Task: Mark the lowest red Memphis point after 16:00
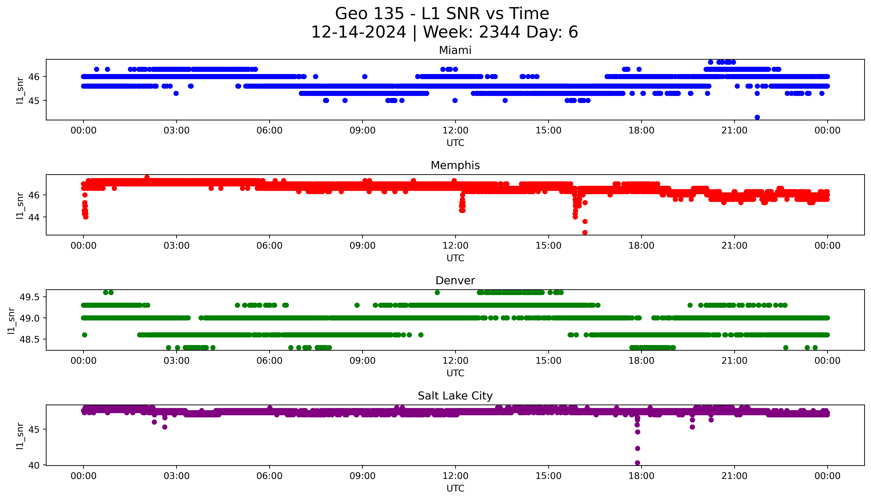point(585,232)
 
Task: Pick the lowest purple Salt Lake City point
point(637,463)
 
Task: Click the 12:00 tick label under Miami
point(455,131)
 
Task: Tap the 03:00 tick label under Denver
point(177,361)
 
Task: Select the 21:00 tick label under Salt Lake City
point(734,476)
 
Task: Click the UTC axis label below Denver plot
point(455,373)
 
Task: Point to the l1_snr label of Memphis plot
point(20,205)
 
